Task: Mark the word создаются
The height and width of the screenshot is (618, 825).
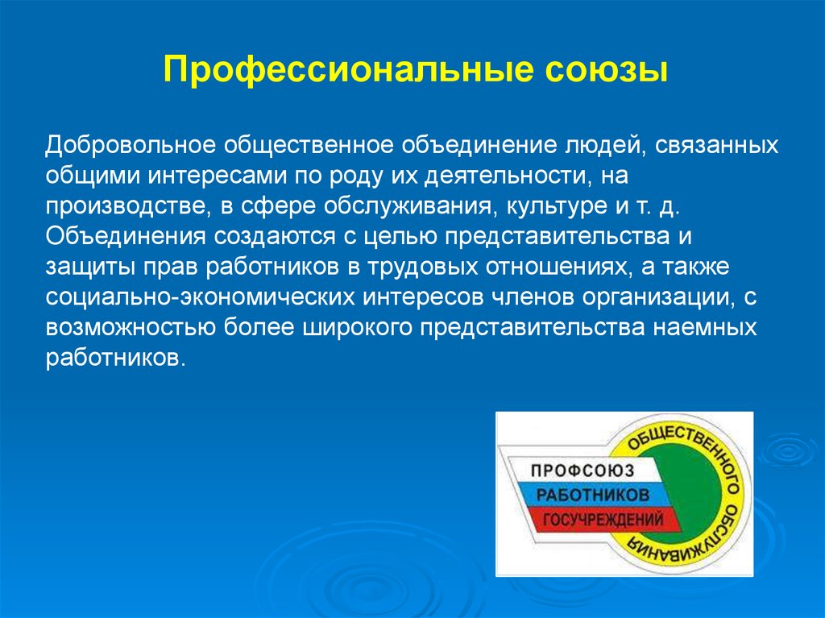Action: click(x=274, y=236)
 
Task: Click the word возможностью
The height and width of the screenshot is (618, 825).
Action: click(x=131, y=327)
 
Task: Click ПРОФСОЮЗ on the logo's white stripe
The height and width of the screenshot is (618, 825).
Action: click(x=582, y=470)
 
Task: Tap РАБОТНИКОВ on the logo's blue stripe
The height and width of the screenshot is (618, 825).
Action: click(x=593, y=494)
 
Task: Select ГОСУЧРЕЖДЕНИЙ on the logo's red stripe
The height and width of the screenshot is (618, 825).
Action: click(x=603, y=520)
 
